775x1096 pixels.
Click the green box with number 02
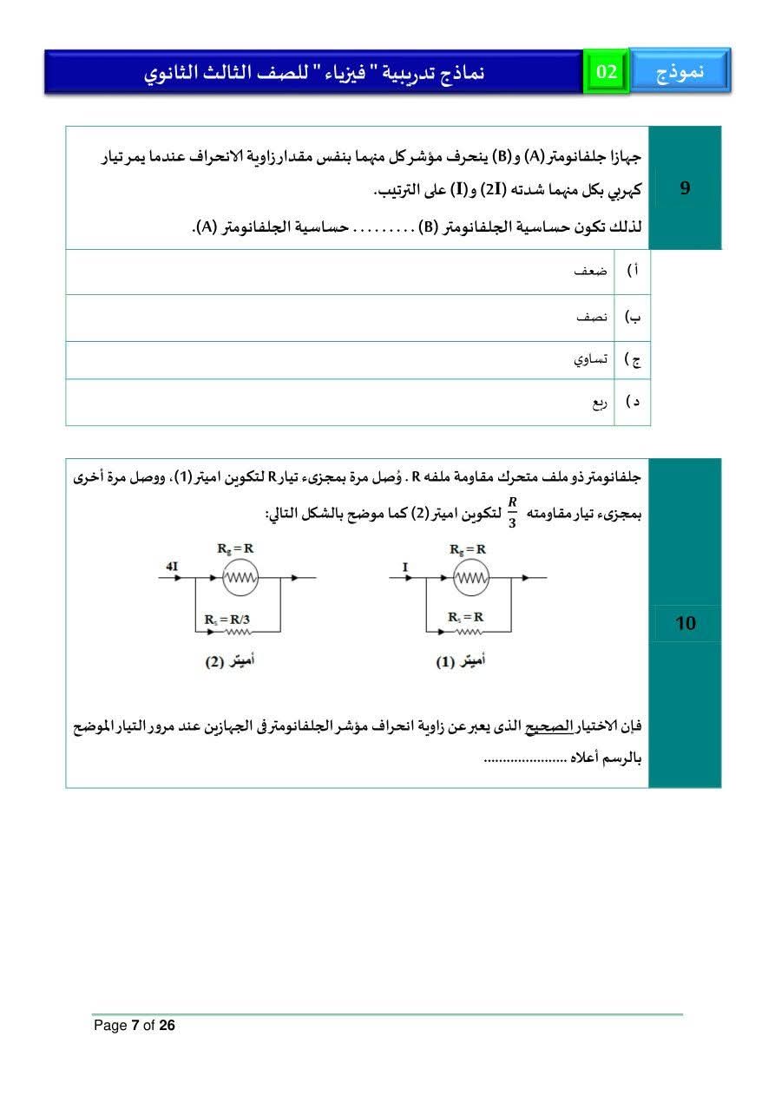(606, 72)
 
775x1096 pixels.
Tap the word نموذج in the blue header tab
(680, 72)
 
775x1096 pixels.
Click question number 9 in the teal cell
(685, 188)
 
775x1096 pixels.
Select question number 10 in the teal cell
(685, 623)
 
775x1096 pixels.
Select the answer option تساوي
(590, 359)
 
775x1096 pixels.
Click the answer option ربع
(600, 403)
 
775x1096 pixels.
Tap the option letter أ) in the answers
(634, 272)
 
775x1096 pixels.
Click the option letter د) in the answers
(634, 403)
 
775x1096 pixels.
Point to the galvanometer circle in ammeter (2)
(240, 578)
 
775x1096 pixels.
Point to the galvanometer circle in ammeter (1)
(470, 578)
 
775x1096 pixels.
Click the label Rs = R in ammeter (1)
(466, 617)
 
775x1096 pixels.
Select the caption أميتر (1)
(460, 662)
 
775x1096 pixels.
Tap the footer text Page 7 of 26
(135, 1026)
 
